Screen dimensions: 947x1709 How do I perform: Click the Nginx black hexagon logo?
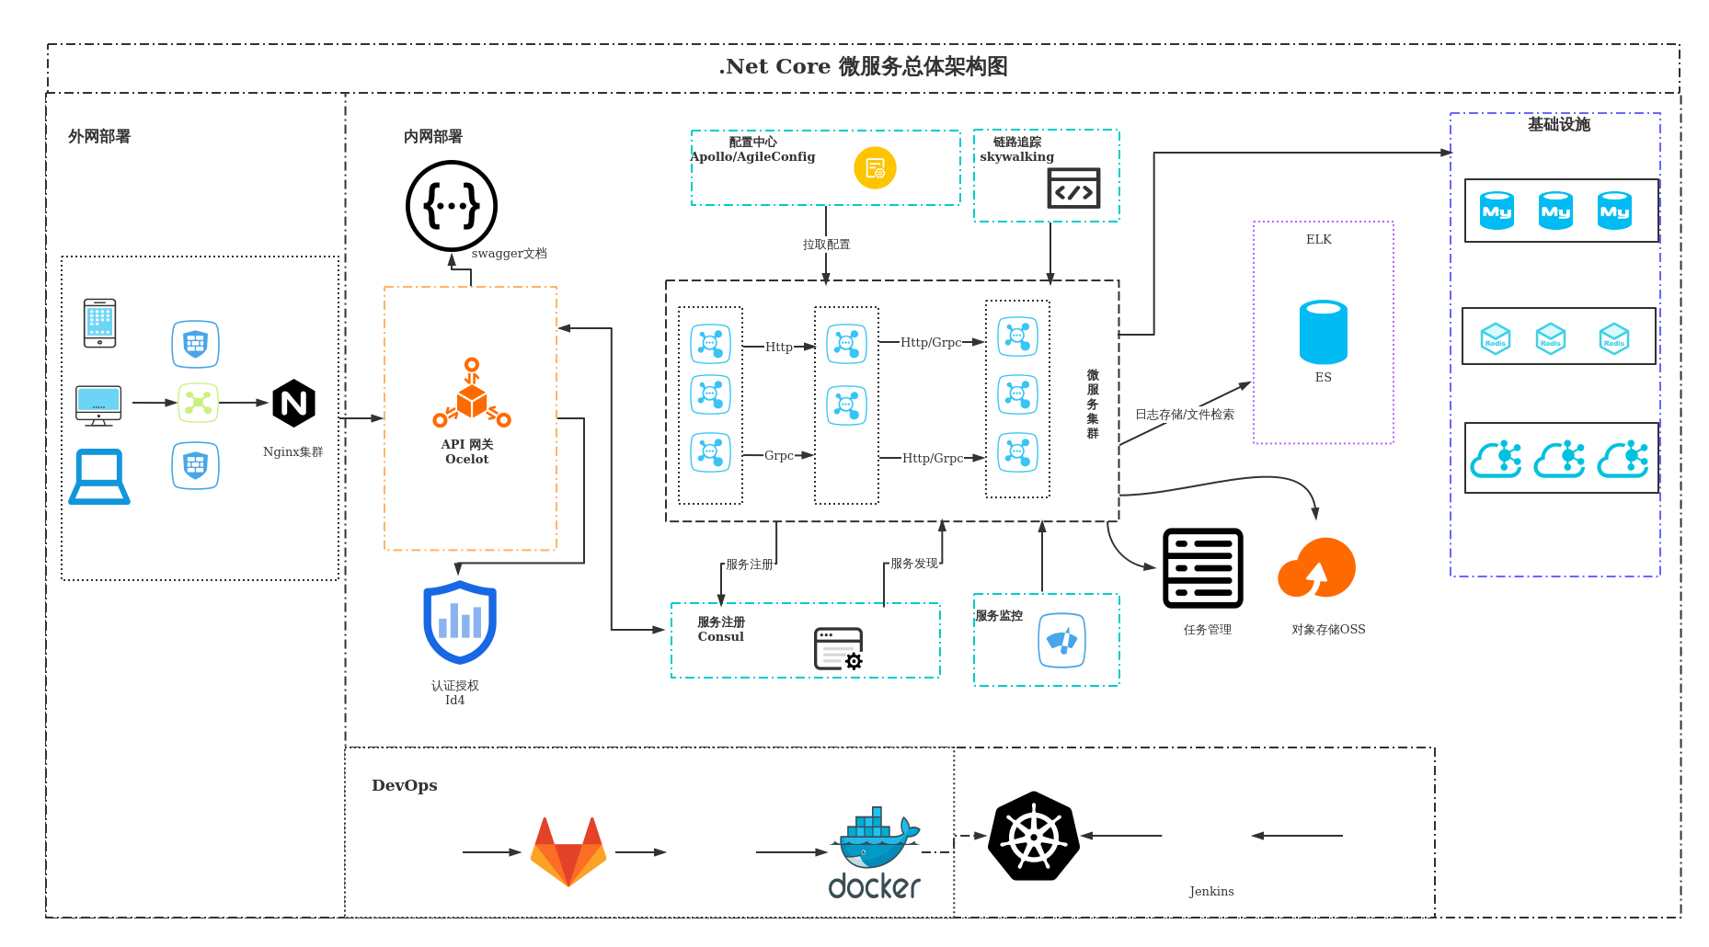[x=294, y=403]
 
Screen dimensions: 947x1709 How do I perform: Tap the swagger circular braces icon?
[x=452, y=206]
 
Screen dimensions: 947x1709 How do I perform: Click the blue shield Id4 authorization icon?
[x=460, y=622]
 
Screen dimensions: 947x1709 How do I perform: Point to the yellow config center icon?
[x=875, y=168]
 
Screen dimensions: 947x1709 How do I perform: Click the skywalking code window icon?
[x=1073, y=188]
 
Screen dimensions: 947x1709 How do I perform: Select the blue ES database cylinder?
[x=1323, y=332]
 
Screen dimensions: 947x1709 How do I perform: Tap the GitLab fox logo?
[x=568, y=851]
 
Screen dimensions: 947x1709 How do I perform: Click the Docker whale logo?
[x=874, y=853]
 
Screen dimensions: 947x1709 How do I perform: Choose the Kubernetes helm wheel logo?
[x=1034, y=837]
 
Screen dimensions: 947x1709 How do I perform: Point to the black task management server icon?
[x=1203, y=568]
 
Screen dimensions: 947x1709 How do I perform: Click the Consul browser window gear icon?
[x=839, y=649]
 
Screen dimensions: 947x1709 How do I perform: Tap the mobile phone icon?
[x=99, y=323]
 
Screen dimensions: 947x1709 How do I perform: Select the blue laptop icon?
[x=99, y=476]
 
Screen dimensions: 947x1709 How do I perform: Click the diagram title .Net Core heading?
[x=863, y=66]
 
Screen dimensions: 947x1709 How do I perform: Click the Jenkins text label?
[x=1211, y=891]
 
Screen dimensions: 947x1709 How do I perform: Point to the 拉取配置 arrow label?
[x=826, y=245]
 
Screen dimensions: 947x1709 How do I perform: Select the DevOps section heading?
[x=405, y=785]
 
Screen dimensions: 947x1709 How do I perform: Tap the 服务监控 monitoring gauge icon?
[x=1061, y=640]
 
